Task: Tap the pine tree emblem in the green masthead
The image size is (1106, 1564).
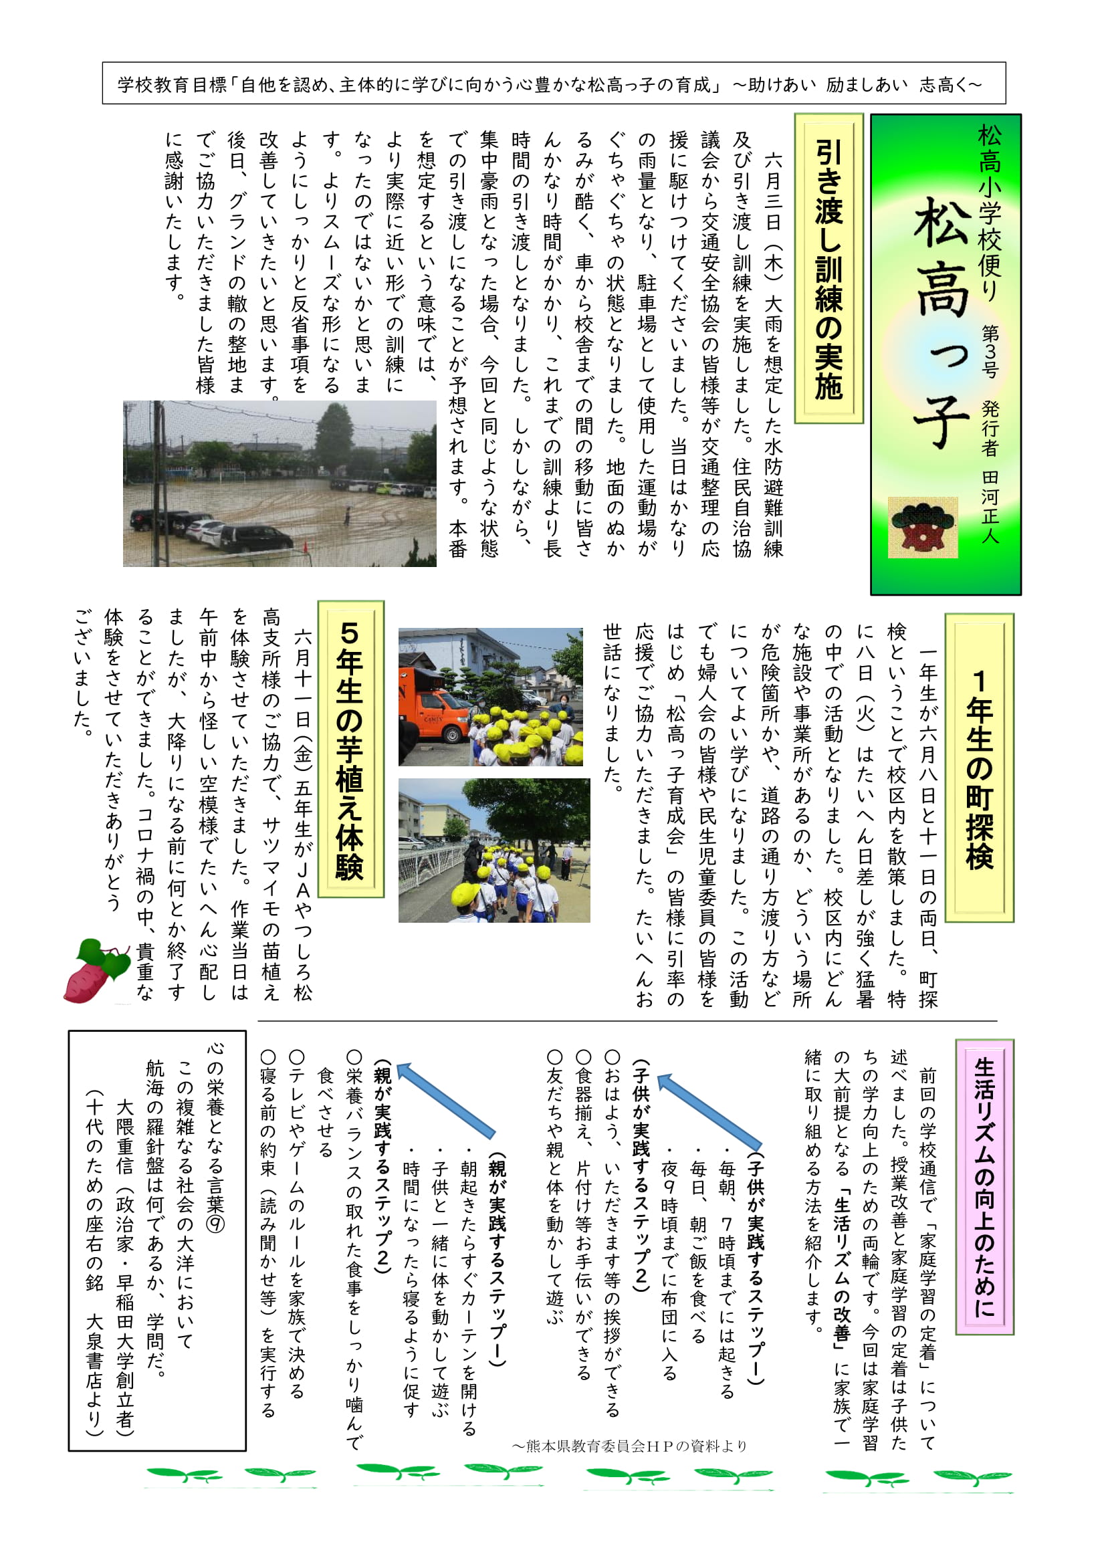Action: coord(922,526)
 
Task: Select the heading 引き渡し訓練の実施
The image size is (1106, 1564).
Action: coord(828,269)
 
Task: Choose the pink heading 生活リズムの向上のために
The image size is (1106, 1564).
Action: coord(984,1186)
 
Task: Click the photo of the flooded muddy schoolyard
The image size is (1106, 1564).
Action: coord(280,483)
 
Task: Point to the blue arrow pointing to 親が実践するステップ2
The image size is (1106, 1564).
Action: coord(445,1101)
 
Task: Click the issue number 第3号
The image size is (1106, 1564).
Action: coord(990,351)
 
